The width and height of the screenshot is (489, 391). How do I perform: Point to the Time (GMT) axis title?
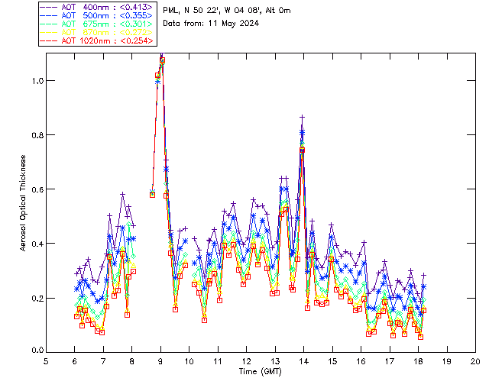pos(261,371)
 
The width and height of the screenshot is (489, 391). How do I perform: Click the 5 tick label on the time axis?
pos(47,361)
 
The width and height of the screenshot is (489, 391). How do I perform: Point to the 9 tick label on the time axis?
pos(161,361)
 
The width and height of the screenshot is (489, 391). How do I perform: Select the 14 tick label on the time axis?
pos(303,361)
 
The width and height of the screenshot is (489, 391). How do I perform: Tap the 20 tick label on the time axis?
pos(475,361)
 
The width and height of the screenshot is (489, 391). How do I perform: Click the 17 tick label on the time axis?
pos(390,361)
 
